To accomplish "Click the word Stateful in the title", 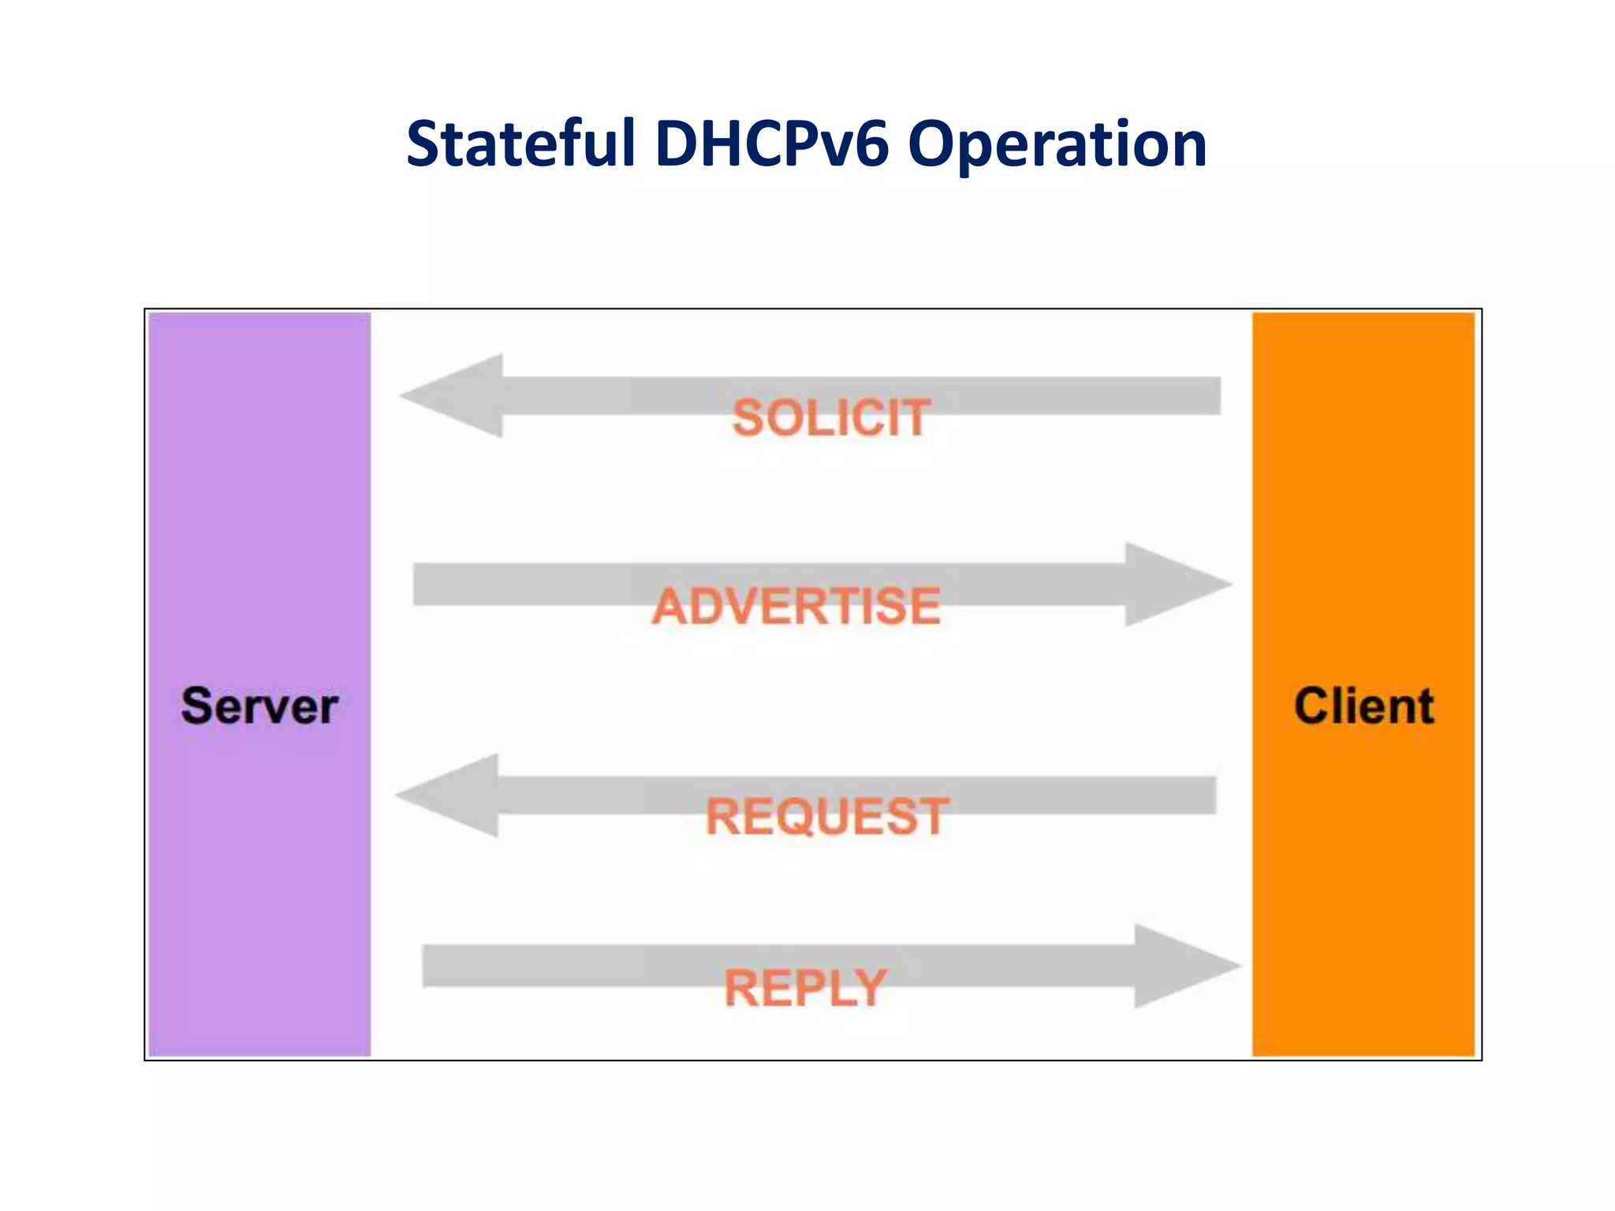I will pos(520,144).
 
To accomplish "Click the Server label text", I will pos(259,706).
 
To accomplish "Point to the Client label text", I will pos(1363,706).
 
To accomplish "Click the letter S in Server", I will pos(197,706).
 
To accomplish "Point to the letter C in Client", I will pos(1312,706).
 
